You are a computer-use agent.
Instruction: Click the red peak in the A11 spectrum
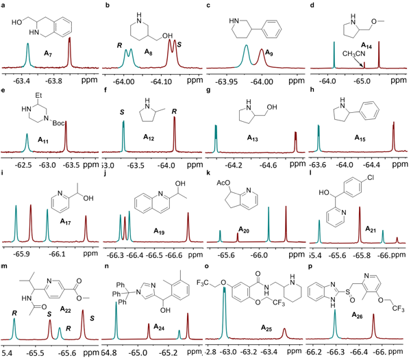coord(66,127)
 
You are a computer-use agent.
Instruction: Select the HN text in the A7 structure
coord(34,32)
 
